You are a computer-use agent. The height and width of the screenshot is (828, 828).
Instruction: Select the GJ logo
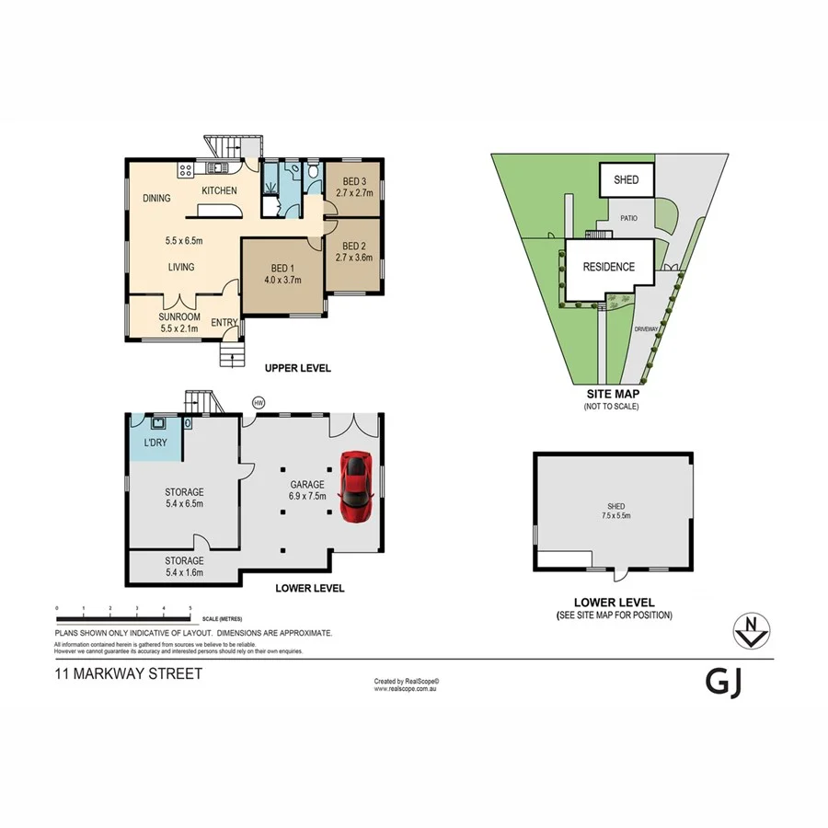tap(724, 682)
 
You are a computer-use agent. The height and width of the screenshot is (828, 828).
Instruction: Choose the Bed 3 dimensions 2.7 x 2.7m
tap(354, 193)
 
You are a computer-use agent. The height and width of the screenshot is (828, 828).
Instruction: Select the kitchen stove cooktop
tap(186, 168)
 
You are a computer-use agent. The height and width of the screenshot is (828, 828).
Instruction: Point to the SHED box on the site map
tap(626, 180)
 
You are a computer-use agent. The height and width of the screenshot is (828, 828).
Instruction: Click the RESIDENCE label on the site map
tap(608, 268)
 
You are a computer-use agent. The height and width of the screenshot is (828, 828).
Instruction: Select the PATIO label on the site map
tap(628, 219)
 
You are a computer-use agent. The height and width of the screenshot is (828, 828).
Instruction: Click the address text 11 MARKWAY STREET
tap(128, 673)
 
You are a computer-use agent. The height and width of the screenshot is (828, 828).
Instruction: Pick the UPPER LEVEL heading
tap(297, 368)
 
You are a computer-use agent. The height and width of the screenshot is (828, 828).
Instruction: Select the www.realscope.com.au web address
tap(407, 688)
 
